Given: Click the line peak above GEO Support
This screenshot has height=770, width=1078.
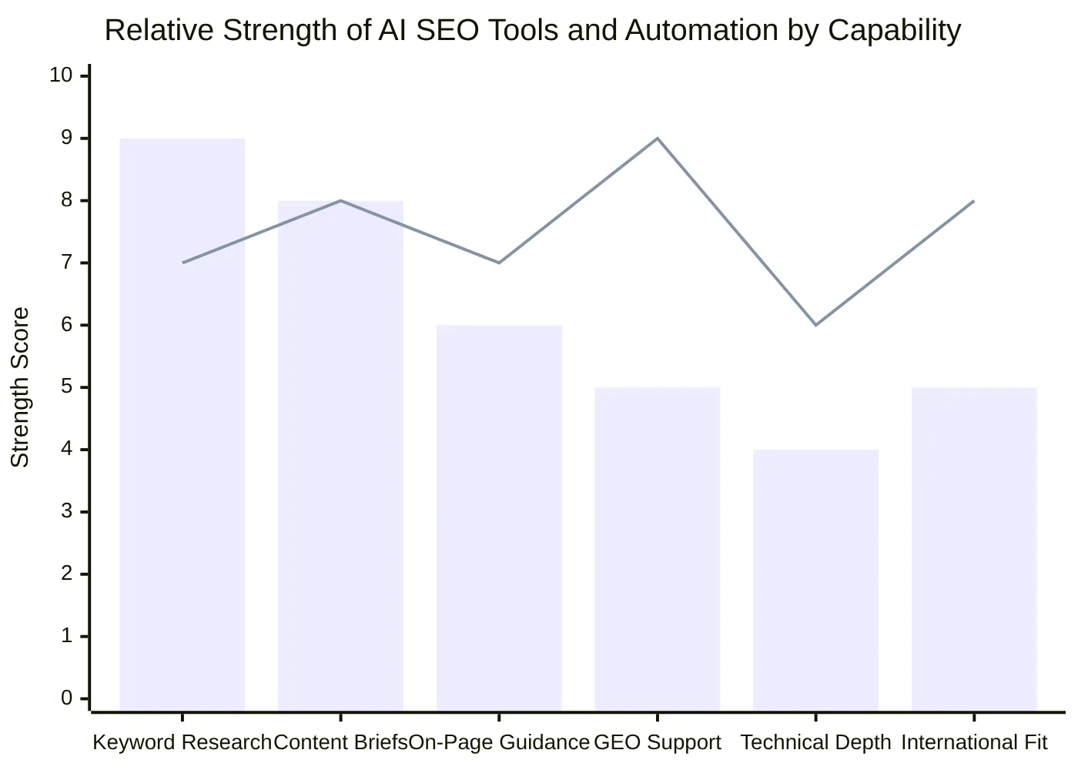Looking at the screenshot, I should coord(658,139).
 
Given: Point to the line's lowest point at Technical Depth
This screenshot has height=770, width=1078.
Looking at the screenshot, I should coord(815,325).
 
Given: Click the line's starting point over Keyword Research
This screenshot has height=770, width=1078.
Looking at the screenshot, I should coord(183,263).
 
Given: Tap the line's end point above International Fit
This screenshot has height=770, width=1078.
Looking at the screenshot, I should coord(974,201).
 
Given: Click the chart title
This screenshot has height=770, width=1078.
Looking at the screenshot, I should coord(533,31).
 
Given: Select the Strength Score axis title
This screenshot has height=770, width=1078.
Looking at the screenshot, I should coord(20,387).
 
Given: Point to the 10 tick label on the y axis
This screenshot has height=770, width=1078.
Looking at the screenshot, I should coord(61,75).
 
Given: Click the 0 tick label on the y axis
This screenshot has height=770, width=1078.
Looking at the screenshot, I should coord(66,698).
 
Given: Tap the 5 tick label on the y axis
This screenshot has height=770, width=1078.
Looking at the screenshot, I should coord(66,387).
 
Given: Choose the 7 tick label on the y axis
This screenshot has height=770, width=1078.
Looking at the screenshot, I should coord(66,263).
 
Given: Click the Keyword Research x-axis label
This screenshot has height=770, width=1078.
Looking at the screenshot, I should coord(182,742).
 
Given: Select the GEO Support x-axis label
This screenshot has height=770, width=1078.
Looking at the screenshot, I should coord(658,742).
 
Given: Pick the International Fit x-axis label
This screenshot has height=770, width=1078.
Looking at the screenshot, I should coord(974,742).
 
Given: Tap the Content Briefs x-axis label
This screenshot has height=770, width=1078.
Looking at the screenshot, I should coord(340,742).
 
